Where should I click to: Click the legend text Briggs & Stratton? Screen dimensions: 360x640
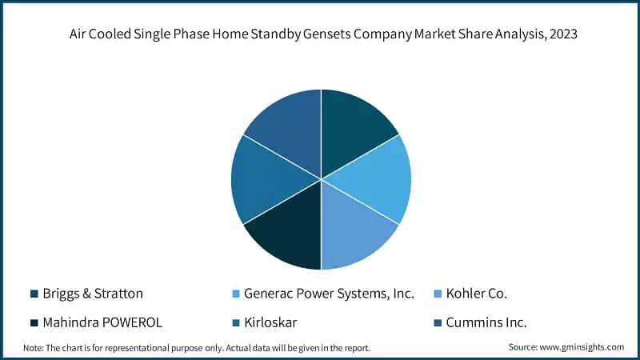[x=93, y=294]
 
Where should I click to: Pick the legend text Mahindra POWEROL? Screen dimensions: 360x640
[x=102, y=323]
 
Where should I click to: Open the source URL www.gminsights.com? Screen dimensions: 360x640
[x=582, y=347]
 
